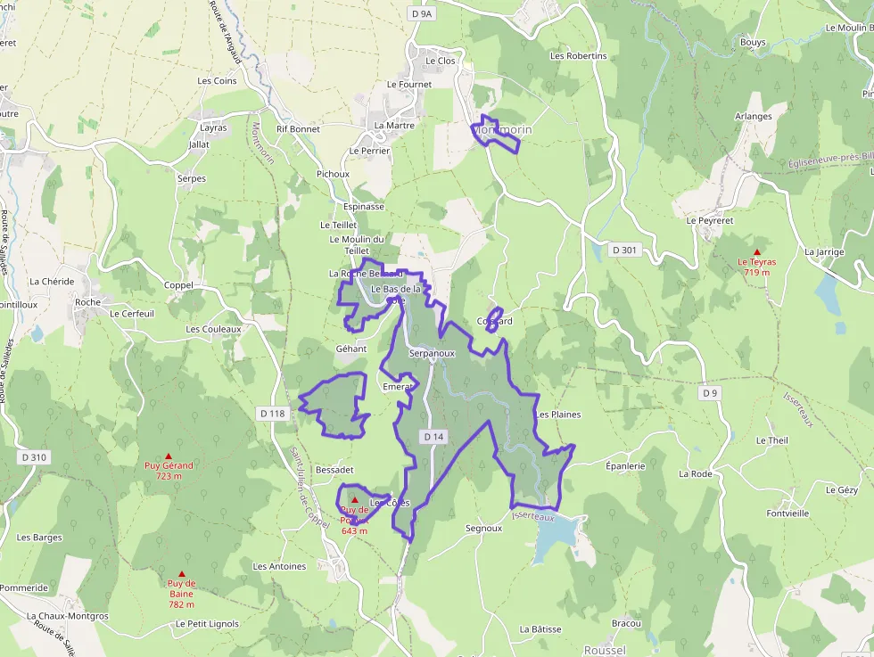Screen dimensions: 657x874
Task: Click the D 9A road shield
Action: tap(422, 13)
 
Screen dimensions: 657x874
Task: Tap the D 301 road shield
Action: tap(624, 250)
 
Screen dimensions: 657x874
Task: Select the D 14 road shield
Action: tap(433, 436)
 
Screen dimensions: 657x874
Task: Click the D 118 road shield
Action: tap(273, 414)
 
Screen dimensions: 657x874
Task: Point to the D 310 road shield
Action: tap(33, 457)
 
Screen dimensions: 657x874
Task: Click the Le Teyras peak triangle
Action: tap(756, 252)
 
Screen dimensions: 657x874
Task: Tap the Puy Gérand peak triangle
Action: tap(169, 456)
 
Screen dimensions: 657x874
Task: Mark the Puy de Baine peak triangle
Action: tap(182, 574)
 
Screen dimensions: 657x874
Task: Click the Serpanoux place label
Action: tap(432, 353)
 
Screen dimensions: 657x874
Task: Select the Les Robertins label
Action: tap(578, 55)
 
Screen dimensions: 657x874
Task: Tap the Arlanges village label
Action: tap(753, 117)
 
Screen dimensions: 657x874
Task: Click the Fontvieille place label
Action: tap(787, 513)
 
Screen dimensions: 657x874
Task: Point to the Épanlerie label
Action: tap(624, 466)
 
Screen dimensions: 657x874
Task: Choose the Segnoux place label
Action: tap(483, 529)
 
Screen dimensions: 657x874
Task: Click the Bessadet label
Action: tap(334, 469)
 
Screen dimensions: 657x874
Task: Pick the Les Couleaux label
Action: tap(213, 329)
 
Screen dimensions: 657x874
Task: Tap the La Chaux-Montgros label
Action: tap(67, 616)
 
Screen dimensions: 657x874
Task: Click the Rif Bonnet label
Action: tap(298, 129)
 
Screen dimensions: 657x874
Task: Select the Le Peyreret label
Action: tap(709, 220)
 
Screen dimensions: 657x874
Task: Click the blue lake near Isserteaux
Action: tap(554, 538)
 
